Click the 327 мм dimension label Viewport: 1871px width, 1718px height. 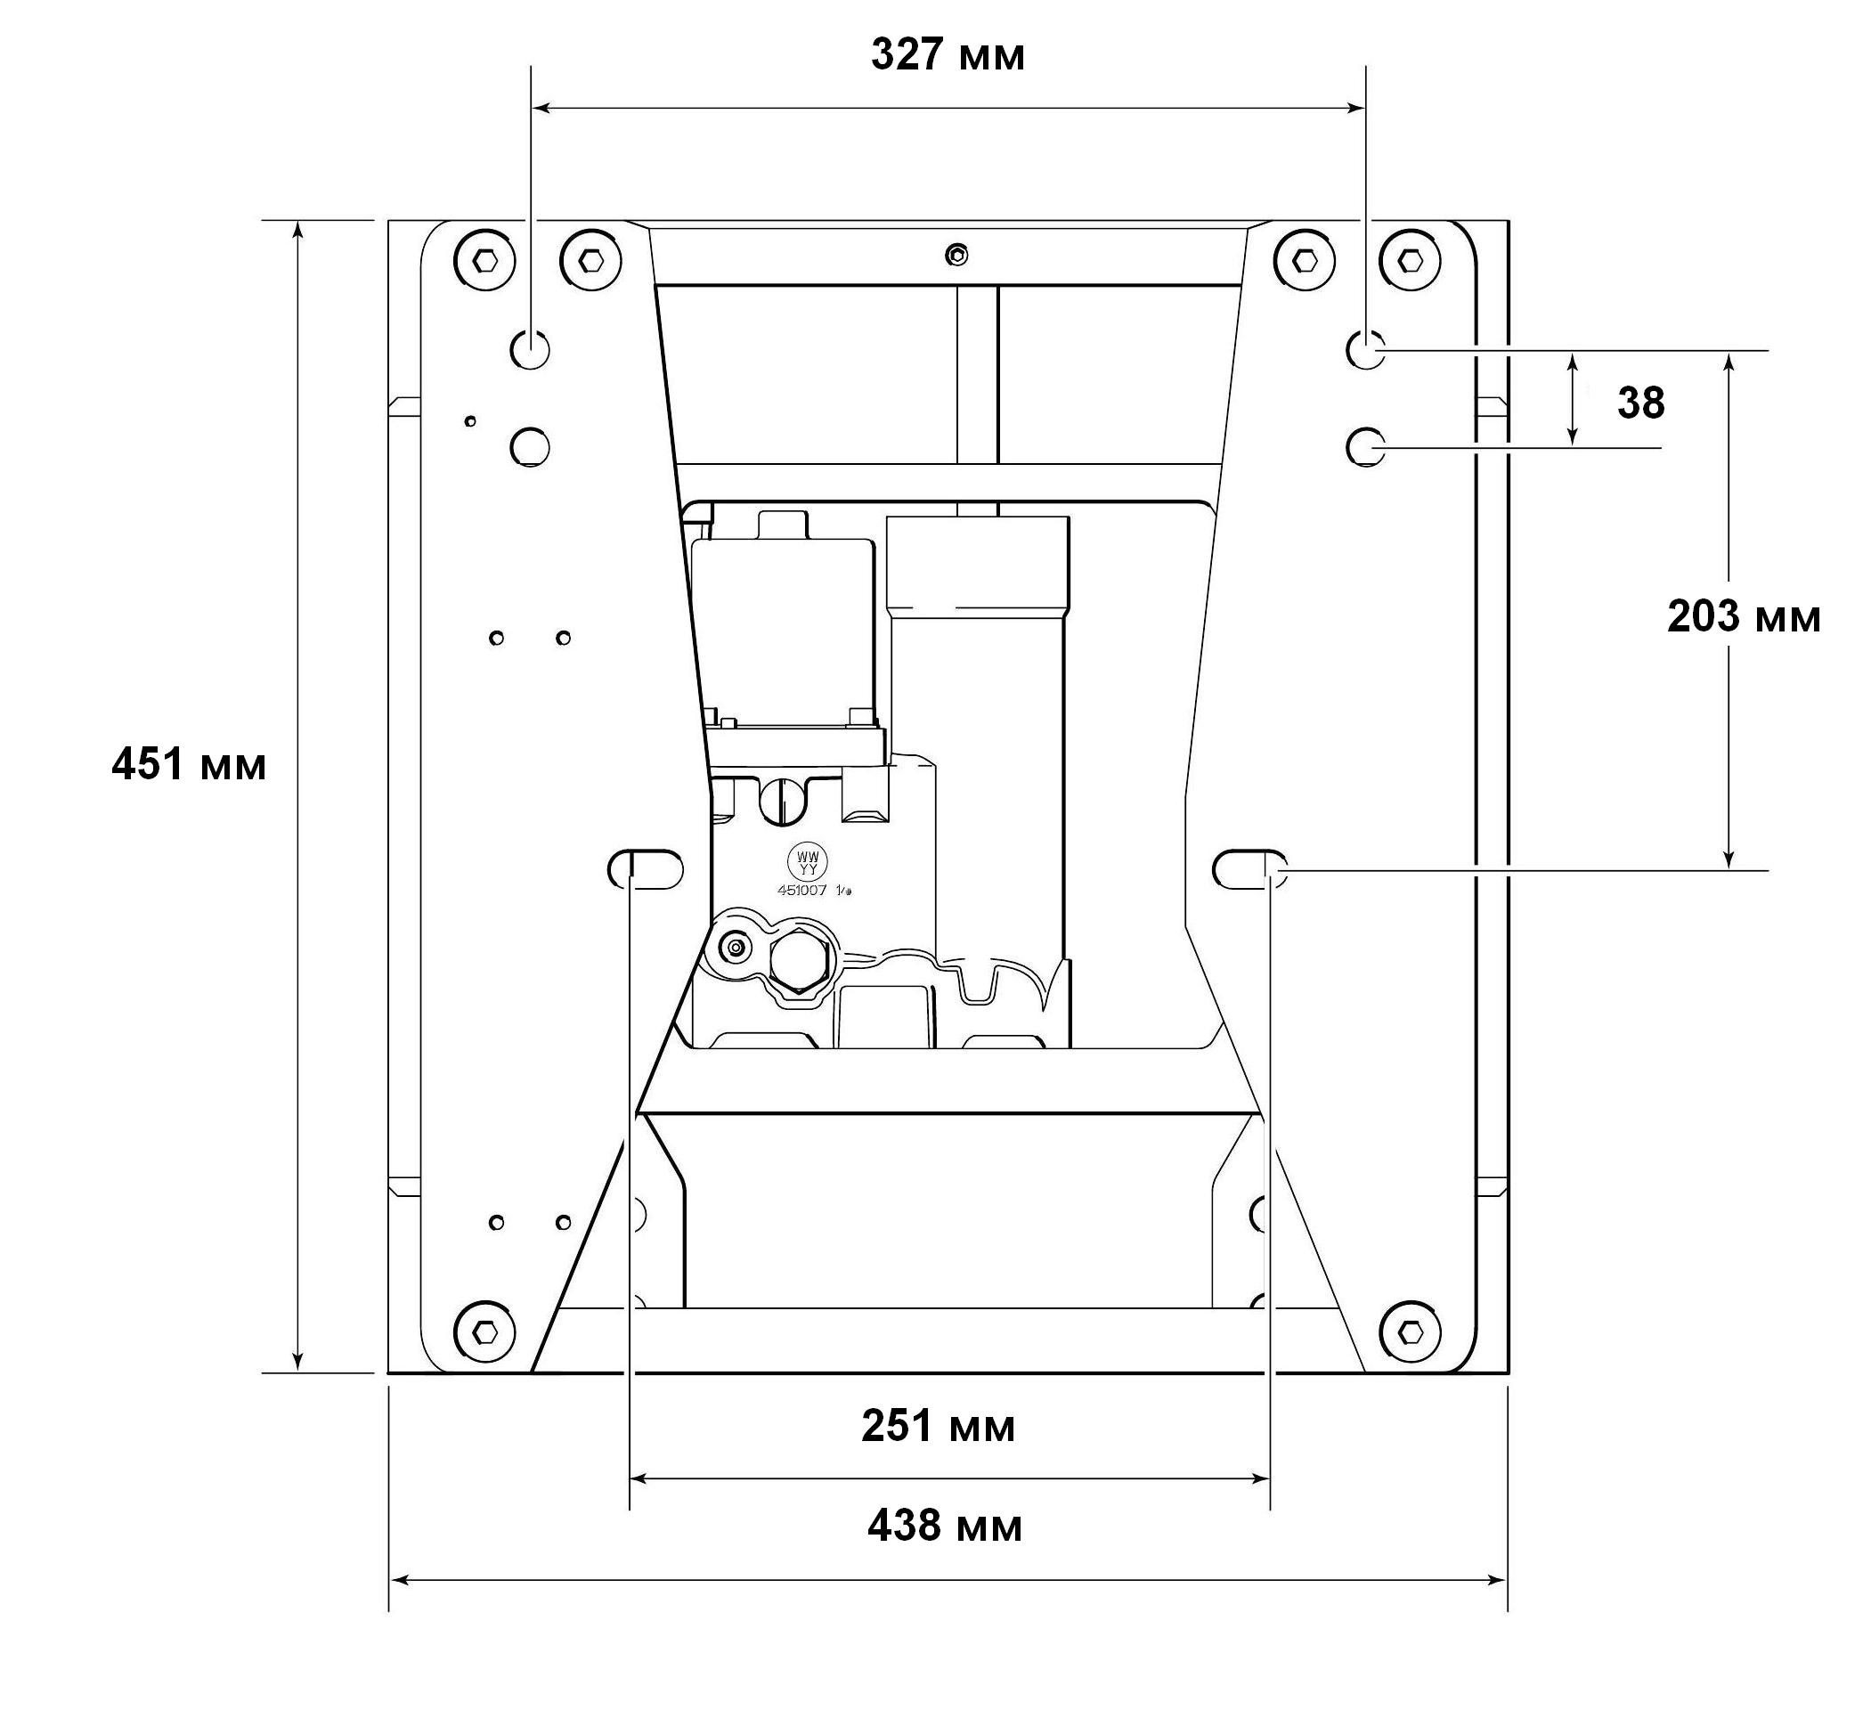click(x=948, y=56)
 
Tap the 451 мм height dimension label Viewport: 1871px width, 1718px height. click(x=189, y=765)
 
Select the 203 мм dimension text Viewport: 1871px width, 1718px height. click(x=1744, y=616)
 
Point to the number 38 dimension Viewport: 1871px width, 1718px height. click(x=1640, y=403)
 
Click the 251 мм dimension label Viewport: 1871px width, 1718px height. click(x=938, y=1426)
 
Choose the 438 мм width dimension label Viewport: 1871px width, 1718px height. click(x=944, y=1526)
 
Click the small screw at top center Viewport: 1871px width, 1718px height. click(x=956, y=254)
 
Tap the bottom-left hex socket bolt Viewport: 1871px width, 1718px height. click(x=484, y=1332)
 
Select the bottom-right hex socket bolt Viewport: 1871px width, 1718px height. click(x=1410, y=1331)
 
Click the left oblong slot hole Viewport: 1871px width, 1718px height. click(x=645, y=869)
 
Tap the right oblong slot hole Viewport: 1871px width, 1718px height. click(x=1250, y=869)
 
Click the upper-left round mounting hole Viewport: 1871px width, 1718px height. click(x=530, y=349)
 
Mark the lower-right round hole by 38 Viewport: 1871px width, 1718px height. click(x=1365, y=447)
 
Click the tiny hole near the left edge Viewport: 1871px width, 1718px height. click(x=470, y=421)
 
